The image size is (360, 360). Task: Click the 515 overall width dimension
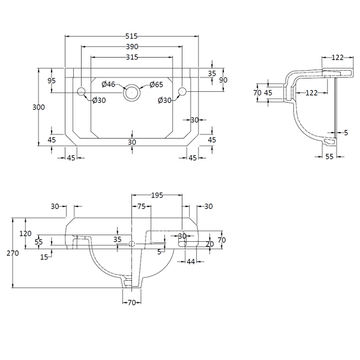click(132, 36)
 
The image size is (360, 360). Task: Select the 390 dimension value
click(132, 47)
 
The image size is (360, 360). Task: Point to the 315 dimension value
click(132, 57)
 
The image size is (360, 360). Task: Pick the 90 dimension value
click(223, 80)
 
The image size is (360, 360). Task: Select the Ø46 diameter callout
click(108, 84)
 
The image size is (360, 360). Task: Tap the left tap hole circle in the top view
click(82, 92)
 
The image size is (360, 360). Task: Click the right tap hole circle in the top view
click(182, 92)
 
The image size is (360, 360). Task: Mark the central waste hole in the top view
click(131, 92)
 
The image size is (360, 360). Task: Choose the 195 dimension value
click(157, 196)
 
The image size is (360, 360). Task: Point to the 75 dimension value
click(142, 206)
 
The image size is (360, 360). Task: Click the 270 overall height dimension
click(13, 253)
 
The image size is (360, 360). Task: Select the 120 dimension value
click(25, 233)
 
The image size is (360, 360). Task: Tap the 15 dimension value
click(44, 257)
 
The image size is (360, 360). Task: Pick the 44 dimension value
click(191, 262)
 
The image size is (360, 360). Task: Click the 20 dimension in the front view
click(209, 244)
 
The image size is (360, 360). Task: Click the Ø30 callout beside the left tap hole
click(99, 100)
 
